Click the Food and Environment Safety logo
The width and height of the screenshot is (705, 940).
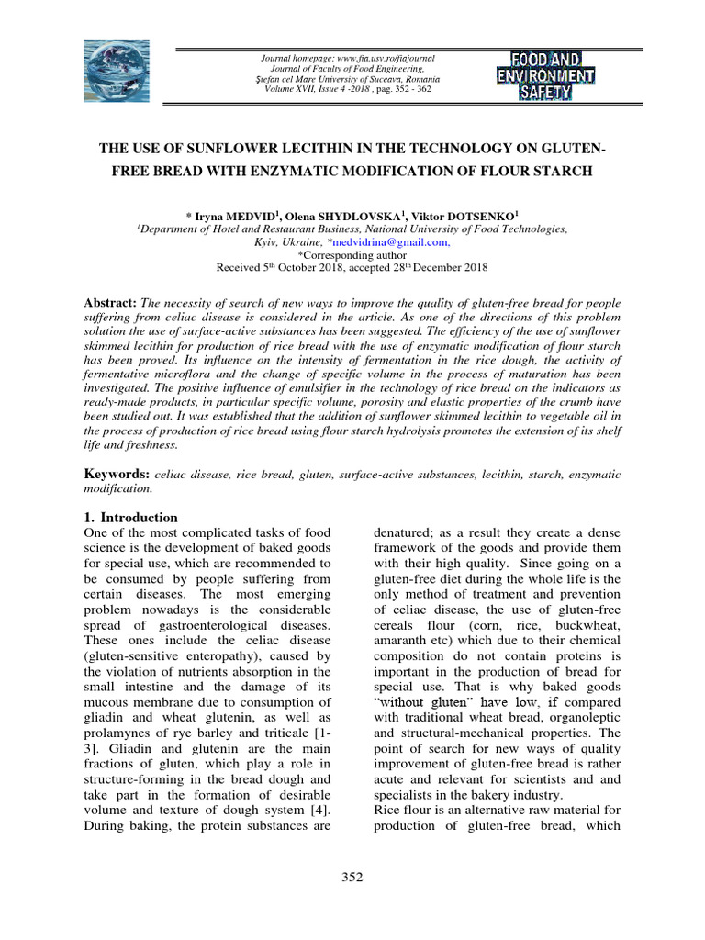(x=545, y=73)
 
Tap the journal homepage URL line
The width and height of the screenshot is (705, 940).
(x=348, y=58)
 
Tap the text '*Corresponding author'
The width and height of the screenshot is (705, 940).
(x=352, y=254)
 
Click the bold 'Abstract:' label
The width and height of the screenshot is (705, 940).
(x=110, y=303)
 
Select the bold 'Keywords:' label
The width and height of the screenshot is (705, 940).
(x=117, y=474)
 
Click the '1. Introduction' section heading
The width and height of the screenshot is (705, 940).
(x=130, y=517)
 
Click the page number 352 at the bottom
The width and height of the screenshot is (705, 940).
(x=352, y=877)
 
